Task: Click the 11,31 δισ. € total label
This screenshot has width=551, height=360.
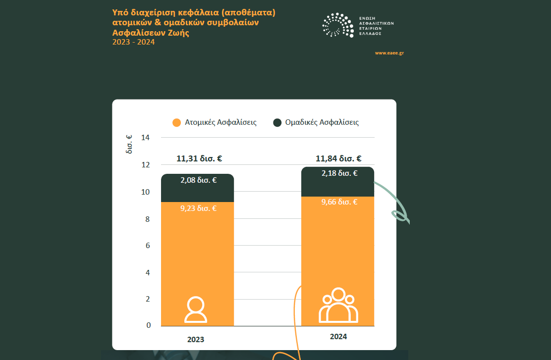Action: coord(199,159)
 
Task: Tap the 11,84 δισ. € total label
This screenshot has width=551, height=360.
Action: coord(338,159)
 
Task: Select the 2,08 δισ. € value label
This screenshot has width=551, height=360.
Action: coord(198,180)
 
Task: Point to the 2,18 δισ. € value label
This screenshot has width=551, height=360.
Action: coord(339,173)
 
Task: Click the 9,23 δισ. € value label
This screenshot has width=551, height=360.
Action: coord(198,208)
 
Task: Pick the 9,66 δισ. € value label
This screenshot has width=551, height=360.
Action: coord(339,202)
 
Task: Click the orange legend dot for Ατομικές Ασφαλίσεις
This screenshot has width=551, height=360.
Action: coord(176,122)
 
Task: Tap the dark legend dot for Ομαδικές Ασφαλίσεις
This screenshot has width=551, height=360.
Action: coord(277,122)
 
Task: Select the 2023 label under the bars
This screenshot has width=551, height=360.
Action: coord(196,340)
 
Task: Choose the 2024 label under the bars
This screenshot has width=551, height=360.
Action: coord(338,336)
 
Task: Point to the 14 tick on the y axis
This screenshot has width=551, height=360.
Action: coord(145,138)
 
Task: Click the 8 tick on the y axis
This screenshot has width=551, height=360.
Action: coord(147,219)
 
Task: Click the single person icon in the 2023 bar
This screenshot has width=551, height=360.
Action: coord(196,310)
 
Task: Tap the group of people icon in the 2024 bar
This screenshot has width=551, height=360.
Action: coord(338,306)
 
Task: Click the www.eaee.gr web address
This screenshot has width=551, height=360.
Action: coord(389,53)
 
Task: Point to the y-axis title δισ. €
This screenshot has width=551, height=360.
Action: coord(129,144)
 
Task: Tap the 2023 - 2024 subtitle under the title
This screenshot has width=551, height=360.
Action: coord(134,42)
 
